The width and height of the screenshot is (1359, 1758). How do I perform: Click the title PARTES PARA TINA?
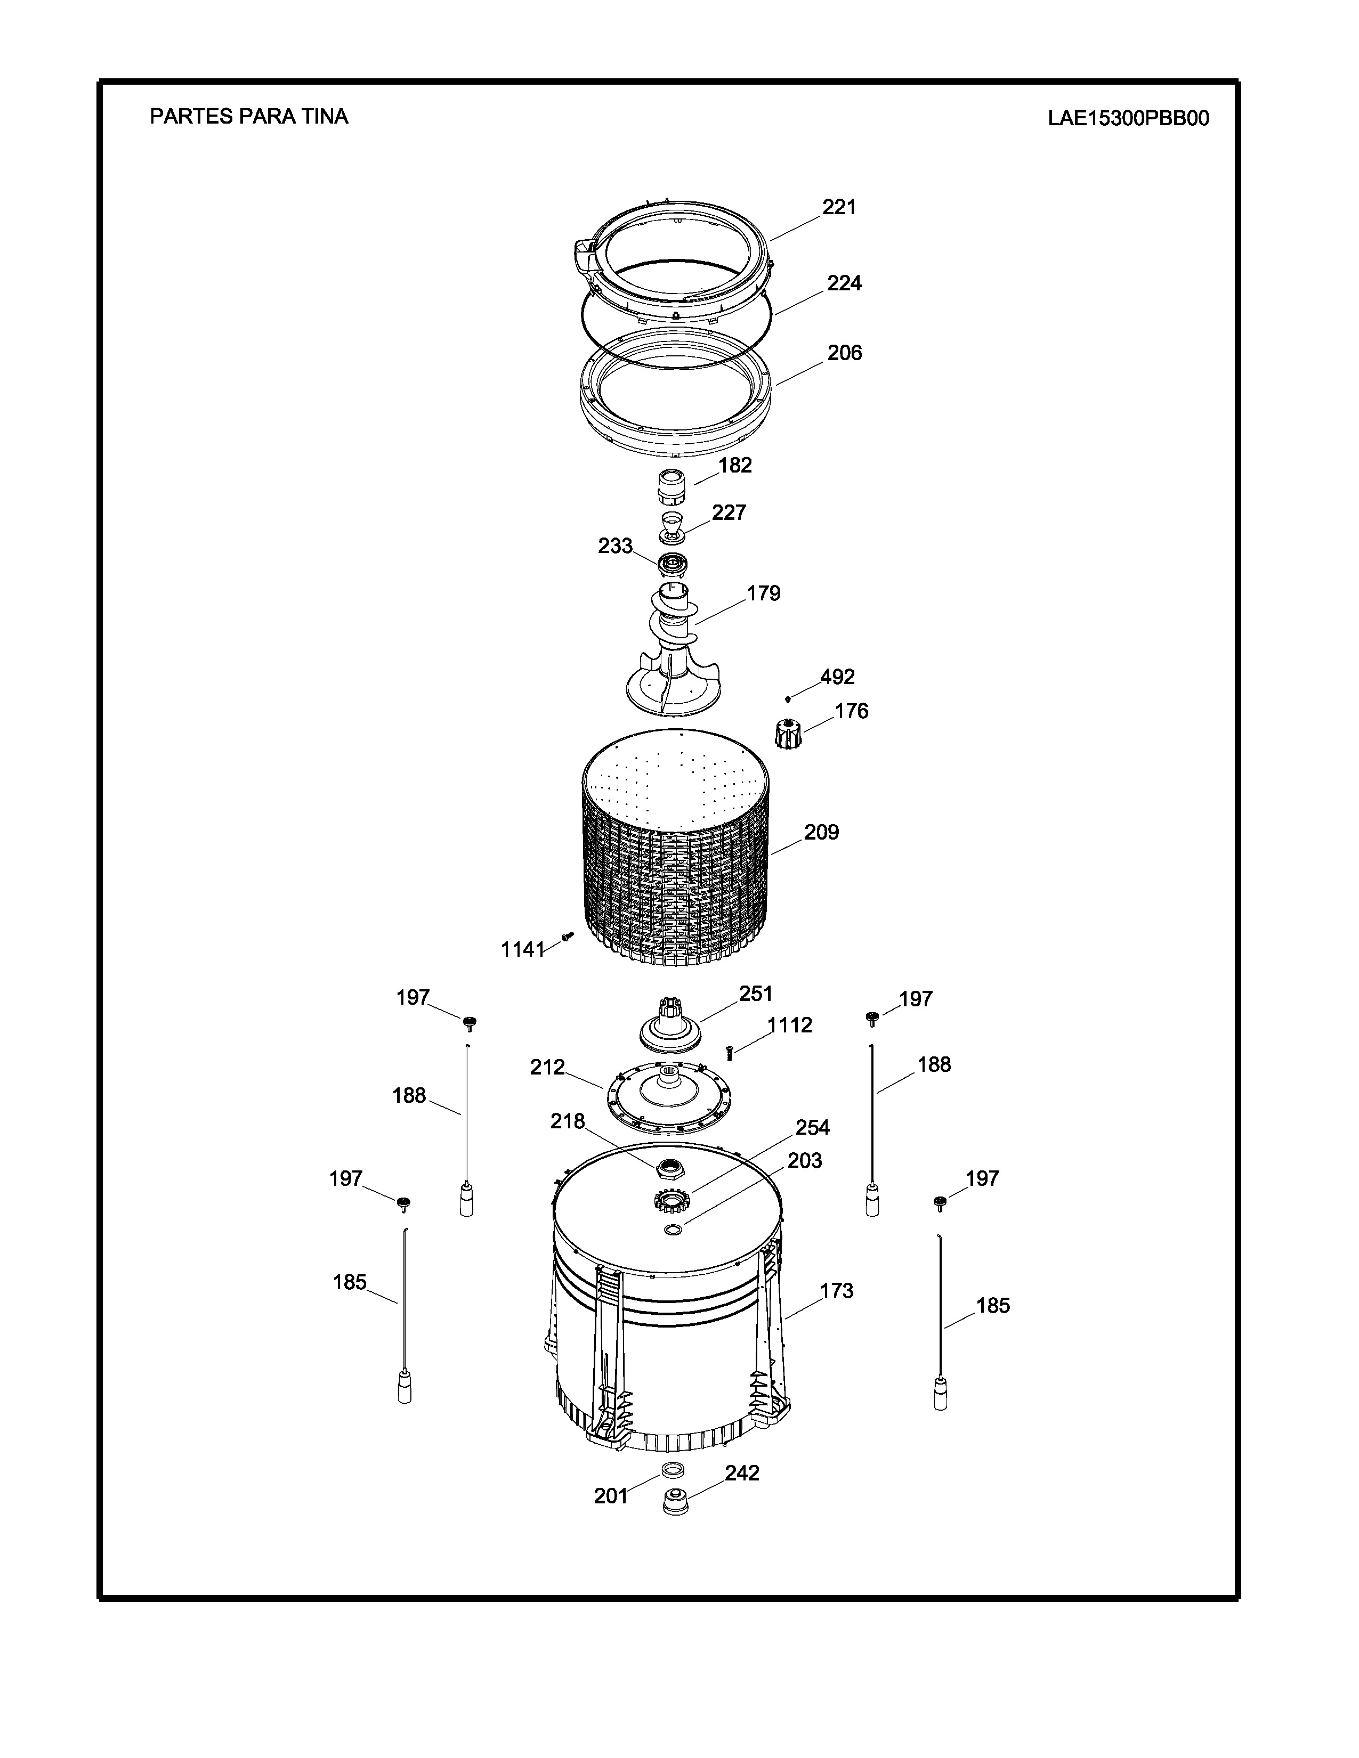click(249, 117)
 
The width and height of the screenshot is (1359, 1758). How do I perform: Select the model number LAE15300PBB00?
click(1128, 118)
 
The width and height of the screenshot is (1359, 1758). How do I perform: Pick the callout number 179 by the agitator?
click(763, 593)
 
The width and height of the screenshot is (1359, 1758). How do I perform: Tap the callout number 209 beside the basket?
click(821, 832)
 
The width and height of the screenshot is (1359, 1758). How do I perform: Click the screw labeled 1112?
click(730, 1053)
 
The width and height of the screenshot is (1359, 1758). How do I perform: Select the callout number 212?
click(547, 1068)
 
